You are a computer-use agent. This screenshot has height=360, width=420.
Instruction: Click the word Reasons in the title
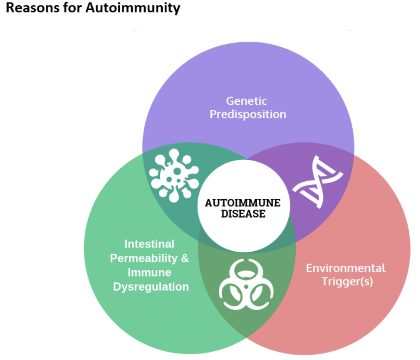[x=33, y=8]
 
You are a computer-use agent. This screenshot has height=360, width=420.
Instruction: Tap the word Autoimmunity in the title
[x=133, y=8]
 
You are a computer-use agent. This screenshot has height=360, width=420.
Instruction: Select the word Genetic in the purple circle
[x=246, y=101]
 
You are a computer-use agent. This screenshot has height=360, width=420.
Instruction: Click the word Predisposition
[x=248, y=114]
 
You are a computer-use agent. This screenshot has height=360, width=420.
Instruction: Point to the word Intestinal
[x=149, y=244]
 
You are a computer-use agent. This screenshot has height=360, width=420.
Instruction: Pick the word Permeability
[x=144, y=258]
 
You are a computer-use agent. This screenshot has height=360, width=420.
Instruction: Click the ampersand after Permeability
[x=185, y=258]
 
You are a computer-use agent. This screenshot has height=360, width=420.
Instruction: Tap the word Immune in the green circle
[x=149, y=272]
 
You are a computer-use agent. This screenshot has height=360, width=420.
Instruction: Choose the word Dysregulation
[x=151, y=287]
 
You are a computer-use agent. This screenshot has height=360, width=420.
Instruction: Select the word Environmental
[x=346, y=268]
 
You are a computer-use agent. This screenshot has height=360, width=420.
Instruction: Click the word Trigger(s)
[x=347, y=282]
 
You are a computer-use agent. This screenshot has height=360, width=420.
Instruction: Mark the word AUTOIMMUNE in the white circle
[x=243, y=203]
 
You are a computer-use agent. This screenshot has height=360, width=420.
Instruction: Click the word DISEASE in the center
[x=243, y=214]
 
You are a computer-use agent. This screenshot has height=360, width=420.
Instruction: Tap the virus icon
[x=174, y=175]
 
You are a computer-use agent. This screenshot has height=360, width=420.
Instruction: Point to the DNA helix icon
[x=318, y=182]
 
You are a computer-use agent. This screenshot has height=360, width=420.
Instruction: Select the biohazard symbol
[x=246, y=285]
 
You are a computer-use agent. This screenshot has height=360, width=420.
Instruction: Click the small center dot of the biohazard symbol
[x=246, y=287]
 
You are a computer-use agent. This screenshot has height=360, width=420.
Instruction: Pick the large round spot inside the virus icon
[x=177, y=171]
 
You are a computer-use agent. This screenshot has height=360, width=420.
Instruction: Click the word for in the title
[x=72, y=8]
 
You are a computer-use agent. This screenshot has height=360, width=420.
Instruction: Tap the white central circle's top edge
[x=244, y=160]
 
